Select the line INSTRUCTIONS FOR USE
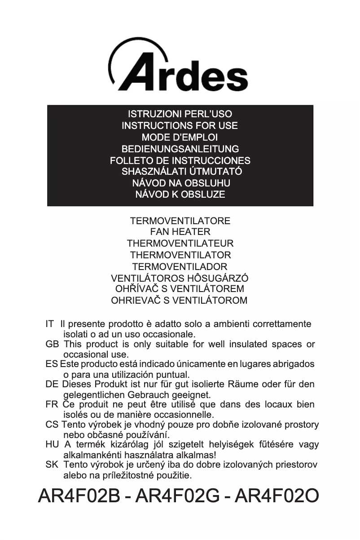180,126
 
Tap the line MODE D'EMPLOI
180,137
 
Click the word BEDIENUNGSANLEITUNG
180,149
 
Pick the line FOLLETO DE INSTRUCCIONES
180,160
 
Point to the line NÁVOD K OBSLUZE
180,195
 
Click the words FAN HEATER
180,232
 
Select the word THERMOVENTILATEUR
180,243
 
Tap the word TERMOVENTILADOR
180,266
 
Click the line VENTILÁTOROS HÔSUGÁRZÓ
180,278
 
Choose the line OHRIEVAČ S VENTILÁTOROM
180,301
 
